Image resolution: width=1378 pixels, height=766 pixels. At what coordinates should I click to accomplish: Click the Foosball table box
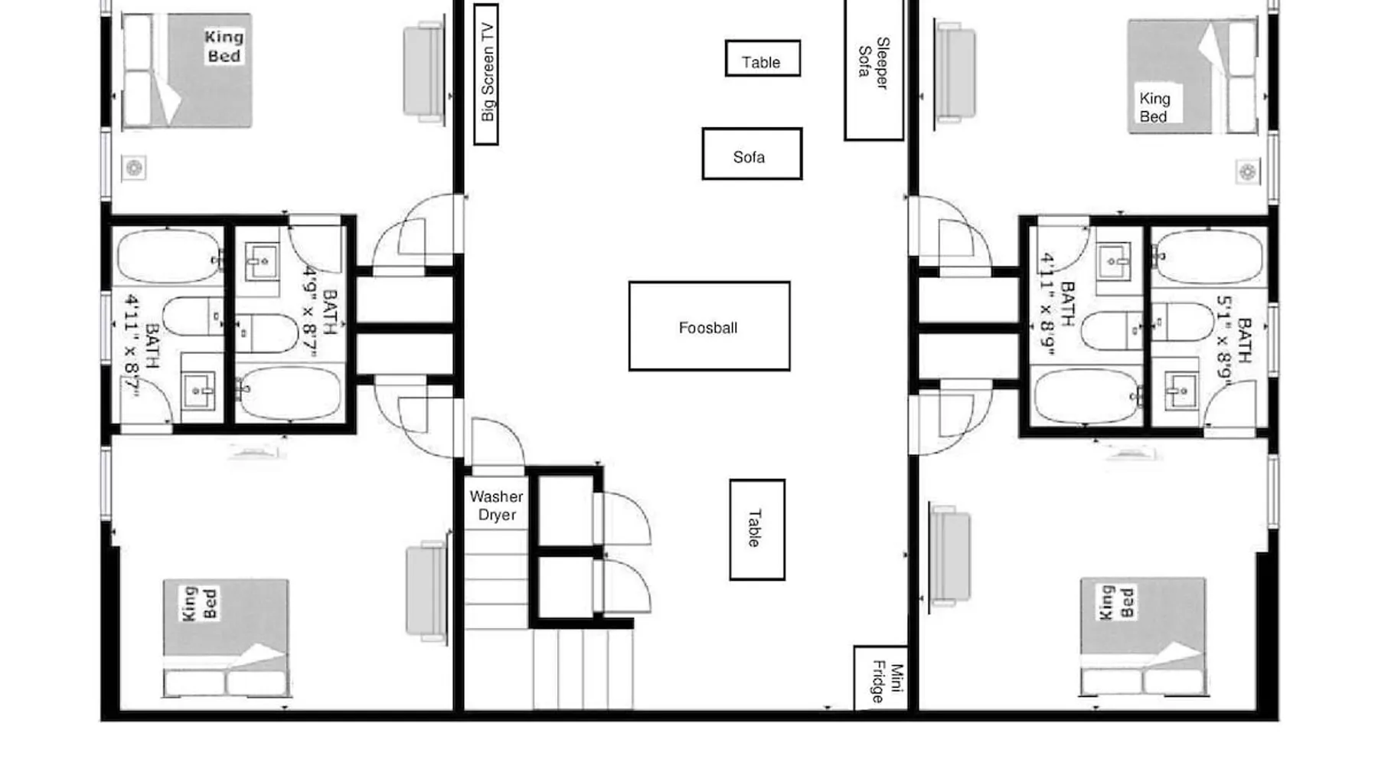point(709,326)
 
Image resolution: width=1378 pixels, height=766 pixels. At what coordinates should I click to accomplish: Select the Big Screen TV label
point(487,72)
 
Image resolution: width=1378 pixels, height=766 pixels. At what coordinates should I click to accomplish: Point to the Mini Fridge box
point(880,678)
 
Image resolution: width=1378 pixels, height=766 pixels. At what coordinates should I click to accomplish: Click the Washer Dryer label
point(497,506)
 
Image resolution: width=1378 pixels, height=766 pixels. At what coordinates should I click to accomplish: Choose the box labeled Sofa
point(752,154)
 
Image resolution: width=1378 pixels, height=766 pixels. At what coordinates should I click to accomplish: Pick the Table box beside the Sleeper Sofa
point(762,58)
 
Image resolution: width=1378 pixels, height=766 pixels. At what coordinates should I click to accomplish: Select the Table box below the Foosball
point(757,529)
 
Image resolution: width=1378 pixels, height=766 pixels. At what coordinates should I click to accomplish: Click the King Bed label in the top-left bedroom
point(224,46)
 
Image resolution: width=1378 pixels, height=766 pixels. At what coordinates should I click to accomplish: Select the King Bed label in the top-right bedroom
point(1154,107)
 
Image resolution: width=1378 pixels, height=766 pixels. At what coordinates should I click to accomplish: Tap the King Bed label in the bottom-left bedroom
point(201,604)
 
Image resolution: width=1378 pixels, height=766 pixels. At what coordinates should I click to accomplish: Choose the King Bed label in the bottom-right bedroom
point(1116,602)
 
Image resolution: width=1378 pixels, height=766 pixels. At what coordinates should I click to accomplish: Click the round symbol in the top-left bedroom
point(134,168)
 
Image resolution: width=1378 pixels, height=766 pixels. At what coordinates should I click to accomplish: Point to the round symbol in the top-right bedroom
point(1248,172)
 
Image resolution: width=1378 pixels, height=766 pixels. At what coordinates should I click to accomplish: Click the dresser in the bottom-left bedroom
point(426,590)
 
